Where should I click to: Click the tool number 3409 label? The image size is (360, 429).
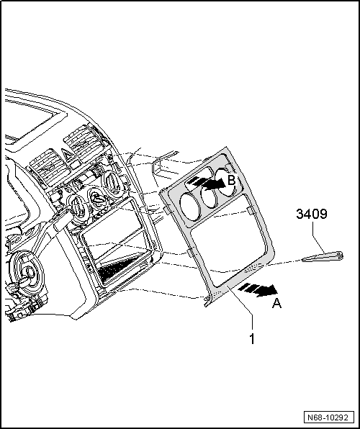[x=312, y=214]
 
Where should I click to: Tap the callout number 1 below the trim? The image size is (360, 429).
[x=252, y=339]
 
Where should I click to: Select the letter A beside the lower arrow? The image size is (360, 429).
[x=276, y=304]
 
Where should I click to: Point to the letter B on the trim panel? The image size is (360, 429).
[x=232, y=181]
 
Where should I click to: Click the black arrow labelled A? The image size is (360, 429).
[x=258, y=289]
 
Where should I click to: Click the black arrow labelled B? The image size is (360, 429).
[x=208, y=184]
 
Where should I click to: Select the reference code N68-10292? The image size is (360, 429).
[x=328, y=417]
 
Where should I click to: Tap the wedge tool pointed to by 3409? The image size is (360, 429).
[x=323, y=256]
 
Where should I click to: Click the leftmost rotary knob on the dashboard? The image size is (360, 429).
[x=77, y=208]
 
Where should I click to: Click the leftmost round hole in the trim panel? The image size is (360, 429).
[x=190, y=207]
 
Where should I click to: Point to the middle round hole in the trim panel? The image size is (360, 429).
[x=209, y=196]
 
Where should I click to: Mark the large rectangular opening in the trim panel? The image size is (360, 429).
[x=228, y=240]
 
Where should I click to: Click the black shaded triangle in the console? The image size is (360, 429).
[x=120, y=269]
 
